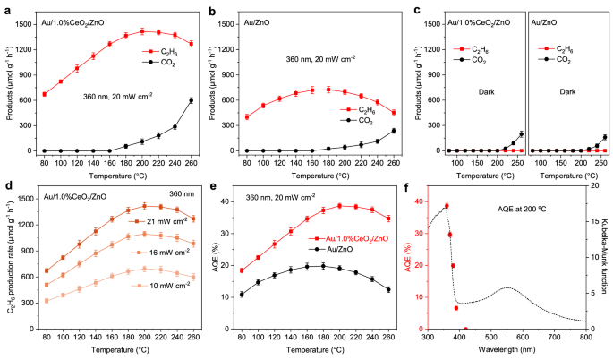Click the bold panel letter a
point(6,7)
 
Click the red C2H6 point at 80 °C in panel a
point(44,94)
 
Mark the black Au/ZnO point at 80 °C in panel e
point(243,294)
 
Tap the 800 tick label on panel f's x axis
point(585,341)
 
